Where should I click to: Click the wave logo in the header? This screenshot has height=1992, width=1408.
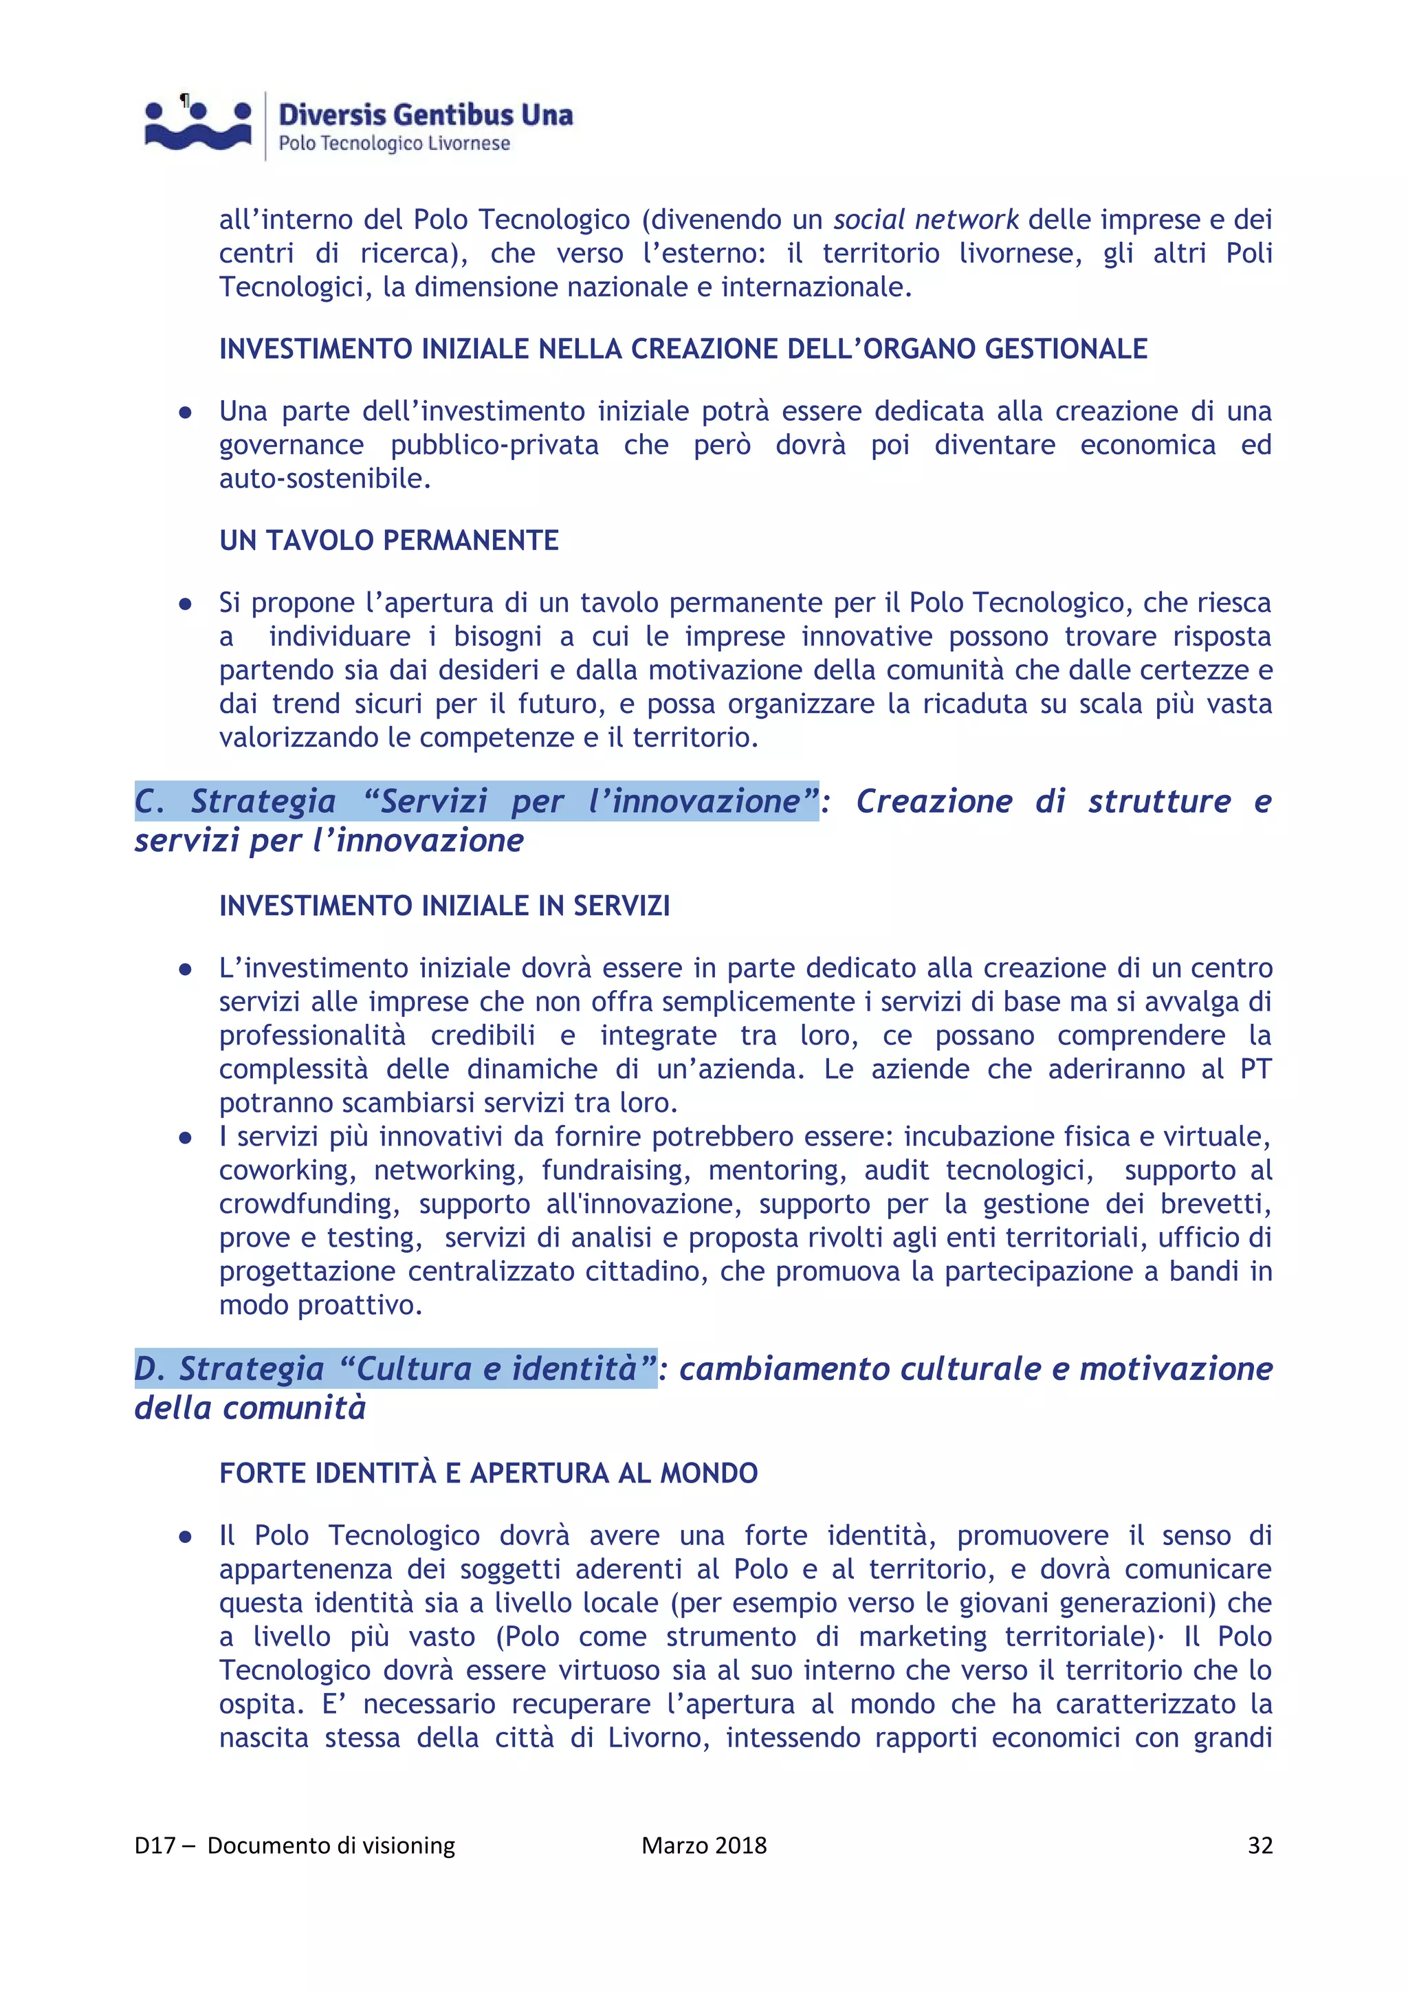click(x=199, y=126)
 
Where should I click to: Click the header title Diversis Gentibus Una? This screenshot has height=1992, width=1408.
click(x=425, y=115)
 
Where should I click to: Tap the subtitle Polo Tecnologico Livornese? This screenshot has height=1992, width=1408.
click(x=394, y=143)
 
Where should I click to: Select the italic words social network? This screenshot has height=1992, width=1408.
click(x=925, y=219)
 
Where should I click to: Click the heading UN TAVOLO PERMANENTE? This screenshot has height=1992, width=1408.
click(x=388, y=540)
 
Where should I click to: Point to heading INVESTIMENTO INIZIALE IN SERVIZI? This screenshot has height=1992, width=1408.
click(x=444, y=906)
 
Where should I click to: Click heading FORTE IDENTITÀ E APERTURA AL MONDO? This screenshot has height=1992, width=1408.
click(x=488, y=1473)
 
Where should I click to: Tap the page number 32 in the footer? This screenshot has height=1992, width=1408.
click(x=1259, y=1846)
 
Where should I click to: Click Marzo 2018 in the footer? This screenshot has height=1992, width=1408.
click(x=703, y=1846)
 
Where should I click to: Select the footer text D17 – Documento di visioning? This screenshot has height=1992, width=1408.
click(x=295, y=1846)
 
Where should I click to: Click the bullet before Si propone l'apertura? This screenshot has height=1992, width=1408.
click(x=185, y=604)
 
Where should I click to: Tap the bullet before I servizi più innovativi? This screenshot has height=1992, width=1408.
click(x=185, y=1137)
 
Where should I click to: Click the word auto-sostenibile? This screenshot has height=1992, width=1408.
click(x=324, y=478)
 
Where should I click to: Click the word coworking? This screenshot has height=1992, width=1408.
click(x=286, y=1170)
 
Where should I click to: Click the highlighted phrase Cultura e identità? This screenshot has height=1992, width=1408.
click(x=497, y=1368)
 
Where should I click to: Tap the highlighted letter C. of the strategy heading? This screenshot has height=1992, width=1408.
click(x=149, y=801)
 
